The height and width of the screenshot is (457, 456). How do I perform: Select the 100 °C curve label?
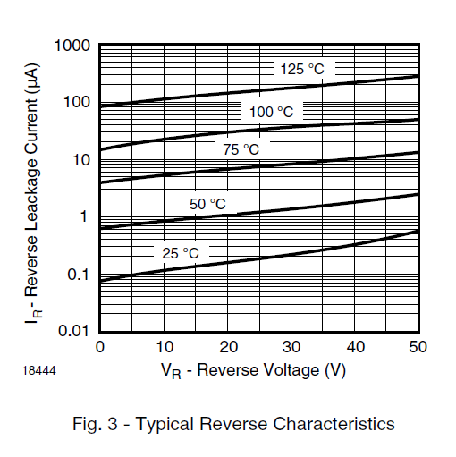271,112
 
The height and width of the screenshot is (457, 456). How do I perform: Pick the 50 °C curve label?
207,205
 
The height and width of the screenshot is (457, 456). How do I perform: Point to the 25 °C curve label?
180,253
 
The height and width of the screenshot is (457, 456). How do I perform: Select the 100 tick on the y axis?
76,103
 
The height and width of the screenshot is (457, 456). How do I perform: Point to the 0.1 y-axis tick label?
79,275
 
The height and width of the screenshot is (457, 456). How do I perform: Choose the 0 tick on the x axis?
99,347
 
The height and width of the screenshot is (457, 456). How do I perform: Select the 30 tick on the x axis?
291,347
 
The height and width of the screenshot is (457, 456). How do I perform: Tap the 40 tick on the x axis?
355,347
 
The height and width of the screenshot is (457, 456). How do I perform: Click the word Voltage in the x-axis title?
294,368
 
